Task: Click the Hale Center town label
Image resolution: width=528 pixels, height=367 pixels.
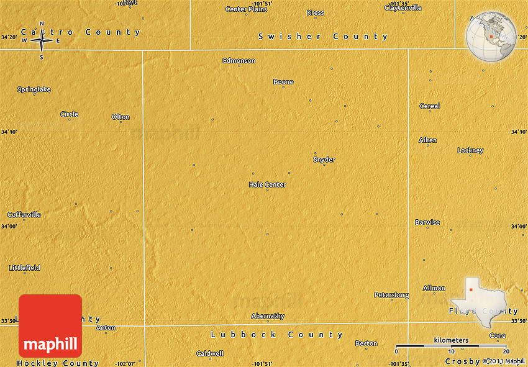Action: pyautogui.click(x=267, y=184)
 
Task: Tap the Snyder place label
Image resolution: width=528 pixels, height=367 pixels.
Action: pyautogui.click(x=324, y=160)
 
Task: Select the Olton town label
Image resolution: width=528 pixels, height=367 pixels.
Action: pyautogui.click(x=121, y=117)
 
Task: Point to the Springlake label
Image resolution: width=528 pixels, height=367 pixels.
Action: pyautogui.click(x=34, y=89)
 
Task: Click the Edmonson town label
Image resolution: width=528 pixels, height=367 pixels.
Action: pyautogui.click(x=239, y=61)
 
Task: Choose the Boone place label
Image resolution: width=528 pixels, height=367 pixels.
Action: pyautogui.click(x=283, y=82)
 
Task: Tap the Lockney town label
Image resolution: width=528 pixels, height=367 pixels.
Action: pyautogui.click(x=470, y=150)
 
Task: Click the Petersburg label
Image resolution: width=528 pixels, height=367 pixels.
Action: pyautogui.click(x=391, y=295)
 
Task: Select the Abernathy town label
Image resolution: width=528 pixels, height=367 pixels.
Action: pyautogui.click(x=268, y=316)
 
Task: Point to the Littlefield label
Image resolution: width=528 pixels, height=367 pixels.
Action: pyautogui.click(x=25, y=268)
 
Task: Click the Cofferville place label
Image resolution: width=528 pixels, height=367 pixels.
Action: pyautogui.click(x=24, y=215)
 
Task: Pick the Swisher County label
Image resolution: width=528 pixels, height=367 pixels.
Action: pyautogui.click(x=323, y=37)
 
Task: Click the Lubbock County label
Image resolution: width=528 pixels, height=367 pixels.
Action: pyautogui.click(x=276, y=335)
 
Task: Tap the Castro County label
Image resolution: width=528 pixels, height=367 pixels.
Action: pyautogui.click(x=81, y=32)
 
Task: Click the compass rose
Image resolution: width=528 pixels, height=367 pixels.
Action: pyautogui.click(x=42, y=41)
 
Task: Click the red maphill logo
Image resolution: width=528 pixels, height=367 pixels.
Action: pyautogui.click(x=50, y=327)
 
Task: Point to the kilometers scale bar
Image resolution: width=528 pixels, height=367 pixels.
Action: pyautogui.click(x=451, y=345)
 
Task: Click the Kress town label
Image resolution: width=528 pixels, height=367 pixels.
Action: pyautogui.click(x=315, y=12)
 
